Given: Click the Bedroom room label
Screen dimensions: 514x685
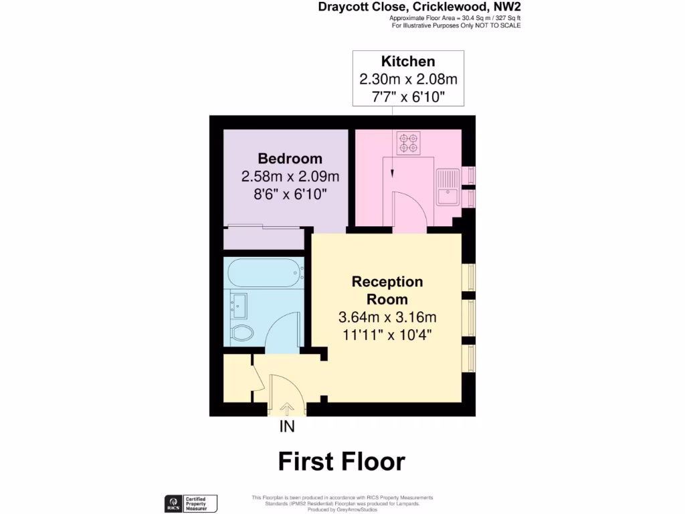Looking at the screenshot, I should point(290,159).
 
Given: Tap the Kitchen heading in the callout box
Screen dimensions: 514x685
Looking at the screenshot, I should point(408,62).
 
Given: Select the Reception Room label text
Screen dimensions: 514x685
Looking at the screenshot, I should point(387,290).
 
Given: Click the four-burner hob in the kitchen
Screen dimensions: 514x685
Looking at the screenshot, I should point(408,142).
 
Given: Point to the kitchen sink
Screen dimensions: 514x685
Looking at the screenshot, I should point(447,187).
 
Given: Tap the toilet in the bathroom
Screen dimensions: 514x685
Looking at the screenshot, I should point(241,333).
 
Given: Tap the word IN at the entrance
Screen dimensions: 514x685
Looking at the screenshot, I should point(287,426).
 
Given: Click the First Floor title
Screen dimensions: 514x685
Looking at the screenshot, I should point(342,462).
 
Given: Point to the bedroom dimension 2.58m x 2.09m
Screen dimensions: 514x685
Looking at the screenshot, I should point(290,177).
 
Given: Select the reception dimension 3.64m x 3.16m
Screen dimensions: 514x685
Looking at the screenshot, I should point(387,317).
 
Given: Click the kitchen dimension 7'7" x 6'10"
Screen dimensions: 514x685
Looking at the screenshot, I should point(408,97).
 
